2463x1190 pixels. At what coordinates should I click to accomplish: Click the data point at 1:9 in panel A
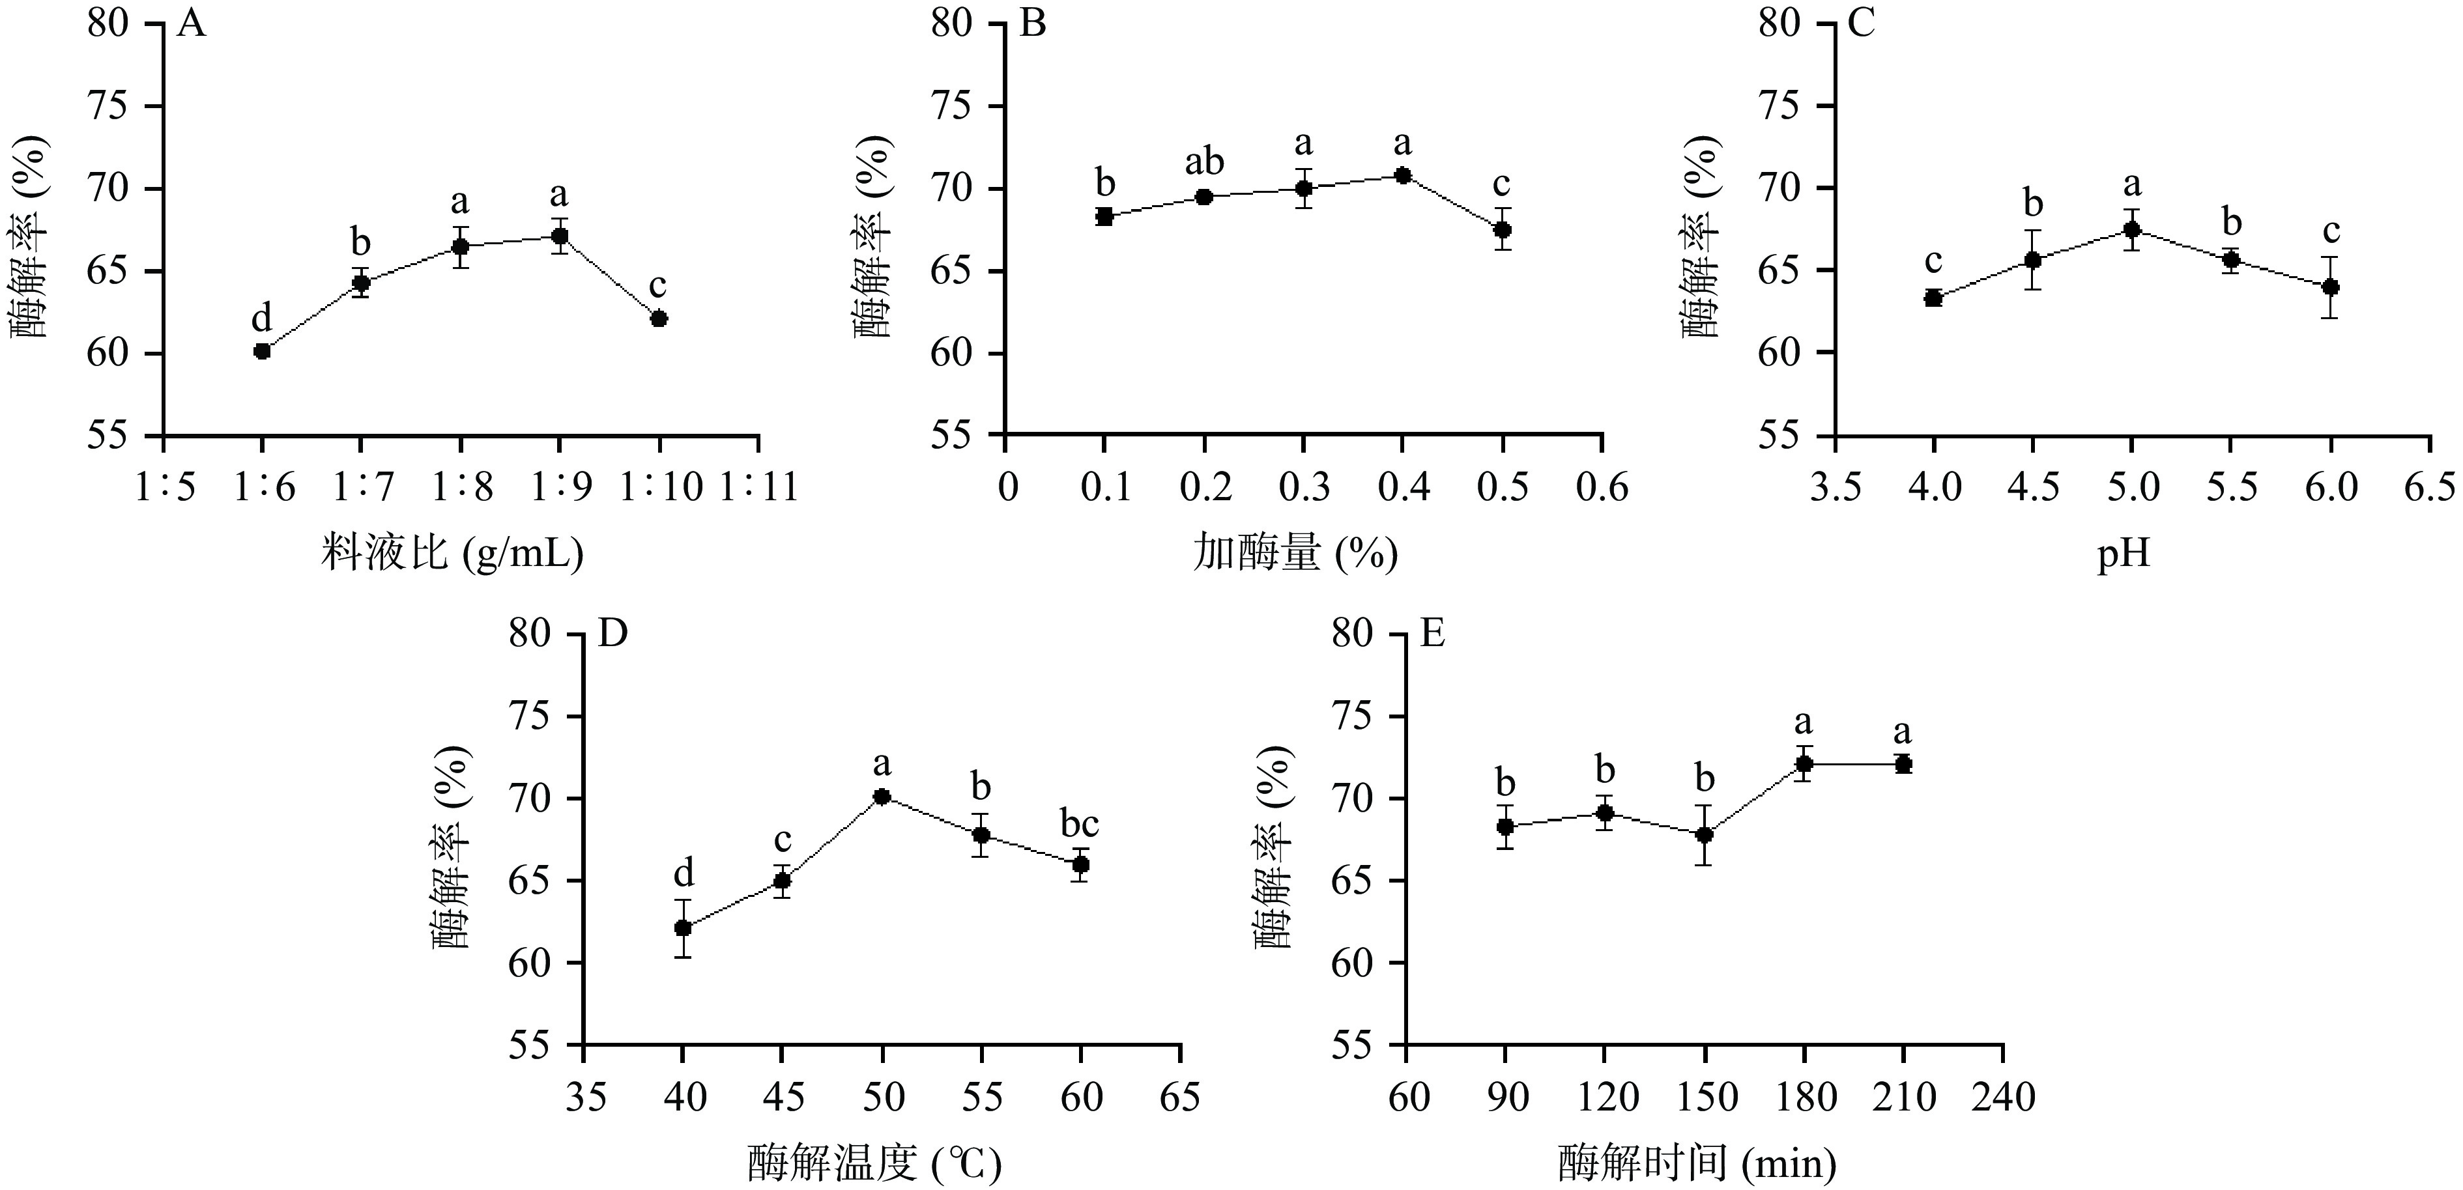click(559, 236)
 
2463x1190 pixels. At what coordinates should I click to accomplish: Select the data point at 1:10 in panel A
click(659, 319)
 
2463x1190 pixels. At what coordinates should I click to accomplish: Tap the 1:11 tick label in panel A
click(759, 487)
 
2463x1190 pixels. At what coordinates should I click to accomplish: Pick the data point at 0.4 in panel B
click(1403, 175)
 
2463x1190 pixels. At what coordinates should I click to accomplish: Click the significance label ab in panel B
click(1203, 162)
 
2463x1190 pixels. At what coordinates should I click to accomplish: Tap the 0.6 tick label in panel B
click(1602, 487)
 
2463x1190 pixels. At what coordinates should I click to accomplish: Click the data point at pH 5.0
click(2131, 229)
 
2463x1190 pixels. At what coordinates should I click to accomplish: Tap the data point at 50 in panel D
click(882, 796)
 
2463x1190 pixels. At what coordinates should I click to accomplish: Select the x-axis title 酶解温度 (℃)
click(874, 1164)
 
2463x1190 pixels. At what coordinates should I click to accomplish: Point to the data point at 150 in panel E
click(1704, 834)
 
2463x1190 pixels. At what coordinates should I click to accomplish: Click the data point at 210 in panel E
click(1903, 764)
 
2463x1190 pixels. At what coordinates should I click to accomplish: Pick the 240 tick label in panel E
click(2002, 1098)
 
